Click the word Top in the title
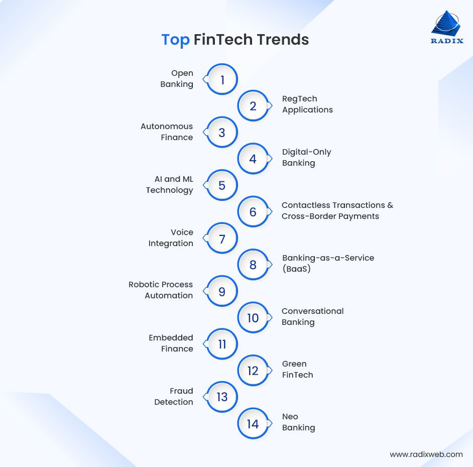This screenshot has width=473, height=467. [175, 40]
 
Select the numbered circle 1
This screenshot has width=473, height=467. [222, 79]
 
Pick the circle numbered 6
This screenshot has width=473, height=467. [253, 212]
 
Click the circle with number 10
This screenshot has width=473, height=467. [253, 318]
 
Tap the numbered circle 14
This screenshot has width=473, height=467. [253, 424]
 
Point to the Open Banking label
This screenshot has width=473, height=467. [177, 79]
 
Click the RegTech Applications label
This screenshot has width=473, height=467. [307, 104]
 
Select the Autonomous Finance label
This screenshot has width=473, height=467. [167, 132]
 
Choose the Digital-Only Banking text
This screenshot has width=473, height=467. [306, 158]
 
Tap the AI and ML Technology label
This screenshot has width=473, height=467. [170, 185]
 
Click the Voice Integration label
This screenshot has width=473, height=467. [171, 238]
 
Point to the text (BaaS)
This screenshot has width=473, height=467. [297, 269]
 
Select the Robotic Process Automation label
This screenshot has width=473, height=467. [161, 290]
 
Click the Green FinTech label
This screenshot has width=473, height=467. [297, 370]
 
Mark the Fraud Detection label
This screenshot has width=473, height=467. [174, 397]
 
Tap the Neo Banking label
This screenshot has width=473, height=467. [298, 422]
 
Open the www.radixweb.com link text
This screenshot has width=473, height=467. [426, 454]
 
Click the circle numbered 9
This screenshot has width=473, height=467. [222, 292]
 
